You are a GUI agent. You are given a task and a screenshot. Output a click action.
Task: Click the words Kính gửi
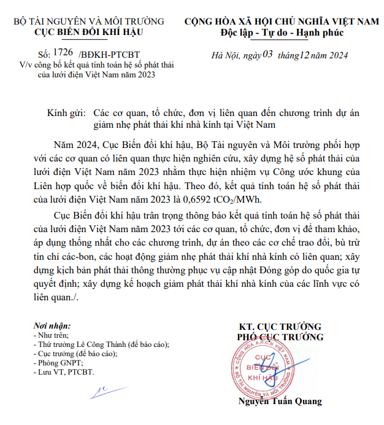tap(66, 114)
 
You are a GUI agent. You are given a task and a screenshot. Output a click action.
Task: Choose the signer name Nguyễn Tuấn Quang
tap(280, 402)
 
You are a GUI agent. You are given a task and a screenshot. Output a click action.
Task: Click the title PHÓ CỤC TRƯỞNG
tap(280, 337)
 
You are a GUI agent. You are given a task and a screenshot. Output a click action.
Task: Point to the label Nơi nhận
tap(52, 326)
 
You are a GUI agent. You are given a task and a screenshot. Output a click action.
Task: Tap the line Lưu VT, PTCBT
tap(64, 372)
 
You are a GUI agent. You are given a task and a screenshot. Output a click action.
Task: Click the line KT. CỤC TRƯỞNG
tap(280, 326)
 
